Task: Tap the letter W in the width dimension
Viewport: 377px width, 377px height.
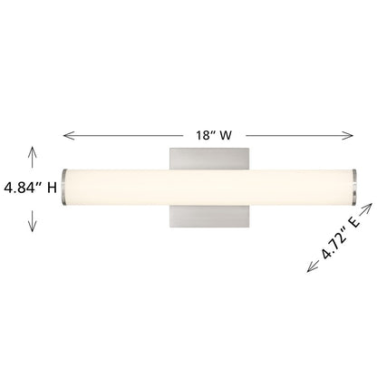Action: pyautogui.click(x=226, y=135)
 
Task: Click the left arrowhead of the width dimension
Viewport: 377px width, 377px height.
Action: pyautogui.click(x=69, y=135)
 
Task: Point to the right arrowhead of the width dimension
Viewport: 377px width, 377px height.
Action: pyautogui.click(x=347, y=135)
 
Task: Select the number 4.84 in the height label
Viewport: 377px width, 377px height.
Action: pyautogui.click(x=21, y=188)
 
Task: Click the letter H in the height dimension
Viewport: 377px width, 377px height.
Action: pyautogui.click(x=52, y=188)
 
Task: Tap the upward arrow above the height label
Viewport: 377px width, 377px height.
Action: pyautogui.click(x=33, y=157)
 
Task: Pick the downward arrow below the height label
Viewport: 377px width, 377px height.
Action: pyautogui.click(x=33, y=221)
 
